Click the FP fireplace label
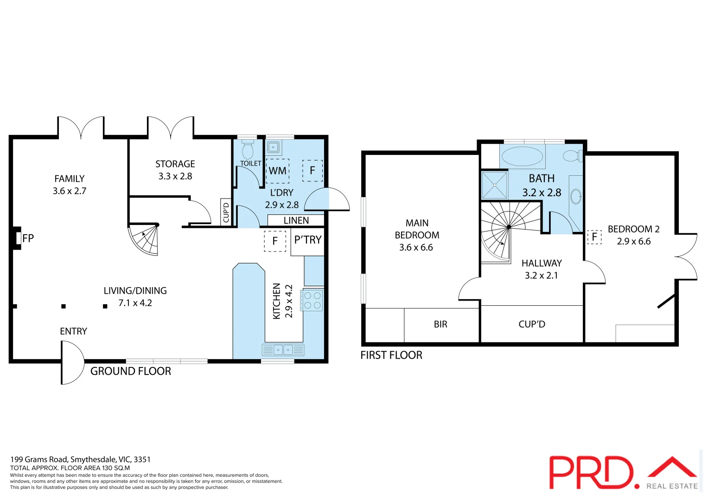(x=28, y=238)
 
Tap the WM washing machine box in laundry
(x=278, y=171)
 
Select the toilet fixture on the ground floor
(x=248, y=150)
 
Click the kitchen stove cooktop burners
(x=312, y=300)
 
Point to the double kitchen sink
(x=283, y=350)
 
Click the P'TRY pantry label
(x=307, y=240)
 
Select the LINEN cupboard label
(x=296, y=220)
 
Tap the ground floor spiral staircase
(x=146, y=238)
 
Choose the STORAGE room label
(x=175, y=164)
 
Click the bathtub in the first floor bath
(x=522, y=156)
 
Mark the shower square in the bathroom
(x=495, y=185)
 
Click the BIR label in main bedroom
(x=440, y=324)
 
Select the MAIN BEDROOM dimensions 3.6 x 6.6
(x=416, y=248)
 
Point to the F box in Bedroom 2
(x=594, y=237)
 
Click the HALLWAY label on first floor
(x=541, y=263)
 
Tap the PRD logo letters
(x=591, y=472)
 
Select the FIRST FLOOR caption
(x=391, y=355)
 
